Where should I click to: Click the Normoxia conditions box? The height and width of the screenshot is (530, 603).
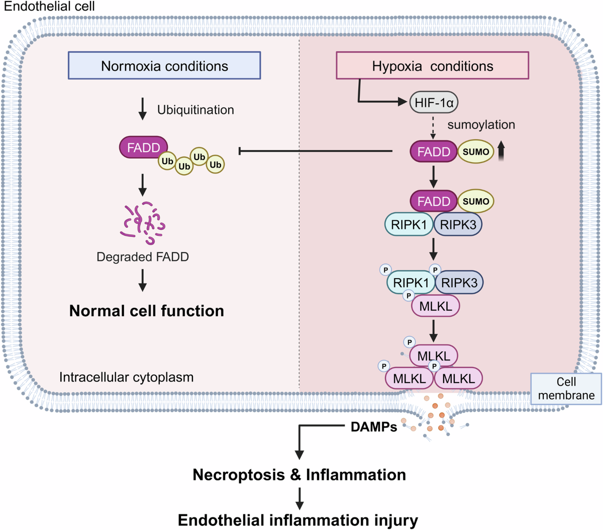coord(164,66)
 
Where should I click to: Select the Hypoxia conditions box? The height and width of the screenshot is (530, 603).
coord(432,66)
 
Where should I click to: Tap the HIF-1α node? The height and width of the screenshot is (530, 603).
coord(434,102)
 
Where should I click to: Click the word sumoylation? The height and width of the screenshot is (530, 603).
coord(481,125)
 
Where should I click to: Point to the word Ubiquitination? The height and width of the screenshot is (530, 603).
coord(195,110)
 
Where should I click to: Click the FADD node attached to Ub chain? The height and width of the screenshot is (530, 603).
coord(143,148)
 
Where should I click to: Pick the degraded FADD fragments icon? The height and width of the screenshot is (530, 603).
coord(143,223)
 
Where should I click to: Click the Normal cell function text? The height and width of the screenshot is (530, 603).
coord(147,311)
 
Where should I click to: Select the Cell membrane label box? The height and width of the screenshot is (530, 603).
coord(566,388)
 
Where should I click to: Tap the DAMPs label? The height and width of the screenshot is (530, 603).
coord(374,427)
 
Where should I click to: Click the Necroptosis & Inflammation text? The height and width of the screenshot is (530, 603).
coord(299,475)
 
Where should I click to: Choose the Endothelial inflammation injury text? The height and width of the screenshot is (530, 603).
coord(298,520)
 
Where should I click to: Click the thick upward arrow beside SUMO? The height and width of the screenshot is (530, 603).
coord(501,151)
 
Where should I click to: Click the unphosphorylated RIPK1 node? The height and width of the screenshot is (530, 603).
coord(409,225)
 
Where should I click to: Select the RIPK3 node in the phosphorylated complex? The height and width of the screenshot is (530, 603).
coord(459,283)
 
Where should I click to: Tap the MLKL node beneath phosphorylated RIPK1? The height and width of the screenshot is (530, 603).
coord(436,306)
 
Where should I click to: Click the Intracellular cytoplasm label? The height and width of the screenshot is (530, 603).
coord(126,377)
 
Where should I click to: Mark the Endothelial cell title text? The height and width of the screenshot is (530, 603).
coord(49,7)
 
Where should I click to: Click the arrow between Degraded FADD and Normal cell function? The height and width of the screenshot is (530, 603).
coord(143,280)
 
